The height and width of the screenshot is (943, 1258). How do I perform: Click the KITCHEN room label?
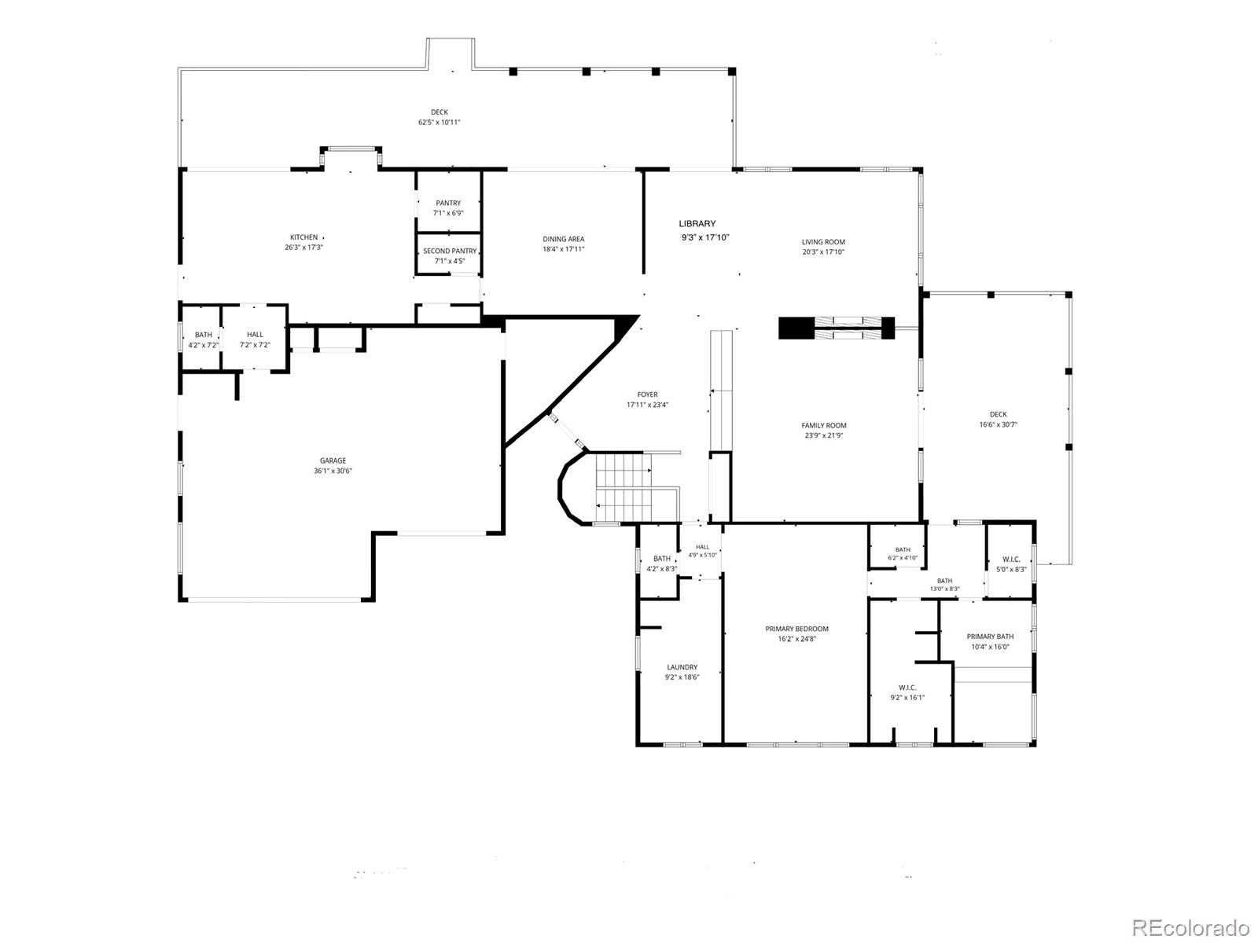pos(303,237)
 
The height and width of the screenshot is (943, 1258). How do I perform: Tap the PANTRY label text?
pos(447,203)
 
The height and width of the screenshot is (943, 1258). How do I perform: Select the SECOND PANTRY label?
pos(449,251)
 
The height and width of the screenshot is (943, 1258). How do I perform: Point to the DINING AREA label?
pos(564,239)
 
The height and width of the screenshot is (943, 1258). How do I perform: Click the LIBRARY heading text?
pos(697,223)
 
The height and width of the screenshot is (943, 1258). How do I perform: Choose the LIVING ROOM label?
pos(823,241)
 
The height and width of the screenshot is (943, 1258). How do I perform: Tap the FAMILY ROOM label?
pos(823,425)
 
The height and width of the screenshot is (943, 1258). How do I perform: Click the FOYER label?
pos(647,394)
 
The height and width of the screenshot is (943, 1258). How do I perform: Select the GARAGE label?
pos(333,460)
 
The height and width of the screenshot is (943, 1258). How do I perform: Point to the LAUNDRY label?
pos(682,667)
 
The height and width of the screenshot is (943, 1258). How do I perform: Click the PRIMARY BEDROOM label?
pos(796,629)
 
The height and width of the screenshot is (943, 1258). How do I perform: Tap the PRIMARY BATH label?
pos(990,636)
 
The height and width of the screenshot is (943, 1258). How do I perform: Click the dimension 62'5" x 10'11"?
pos(439,122)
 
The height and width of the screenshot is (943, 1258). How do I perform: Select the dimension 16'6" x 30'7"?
pos(998,424)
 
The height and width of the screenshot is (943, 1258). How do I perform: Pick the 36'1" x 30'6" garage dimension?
pos(333,471)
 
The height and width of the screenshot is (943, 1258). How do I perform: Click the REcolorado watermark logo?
pos(1191,927)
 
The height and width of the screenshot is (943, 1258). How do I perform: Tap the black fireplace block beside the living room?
pos(796,328)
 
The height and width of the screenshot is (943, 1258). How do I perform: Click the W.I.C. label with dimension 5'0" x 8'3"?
pos(1011,560)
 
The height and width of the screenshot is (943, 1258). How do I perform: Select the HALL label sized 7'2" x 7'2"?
pos(255,335)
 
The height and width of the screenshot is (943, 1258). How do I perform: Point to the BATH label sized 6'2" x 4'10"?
pos(903,549)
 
